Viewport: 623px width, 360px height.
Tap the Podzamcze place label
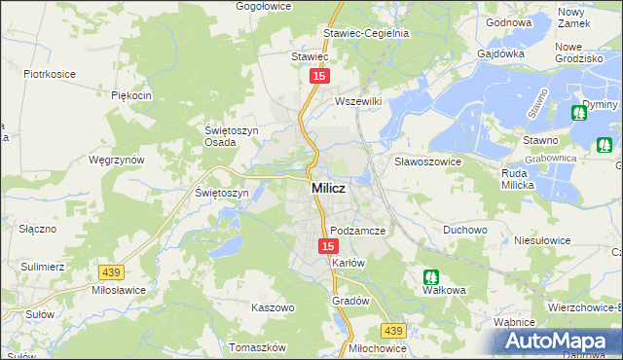click(x=358, y=231)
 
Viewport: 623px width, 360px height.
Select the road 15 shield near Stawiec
click(x=319, y=75)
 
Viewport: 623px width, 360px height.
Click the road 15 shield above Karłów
click(x=328, y=247)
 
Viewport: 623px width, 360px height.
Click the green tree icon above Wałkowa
click(x=430, y=276)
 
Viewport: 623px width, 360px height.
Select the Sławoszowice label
click(x=426, y=161)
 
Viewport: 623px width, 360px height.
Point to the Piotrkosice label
click(x=51, y=73)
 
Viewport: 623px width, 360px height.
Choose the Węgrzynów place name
click(x=116, y=159)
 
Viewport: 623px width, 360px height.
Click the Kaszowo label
click(x=273, y=307)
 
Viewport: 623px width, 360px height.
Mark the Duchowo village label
click(x=464, y=231)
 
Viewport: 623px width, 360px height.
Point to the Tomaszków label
click(x=257, y=347)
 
